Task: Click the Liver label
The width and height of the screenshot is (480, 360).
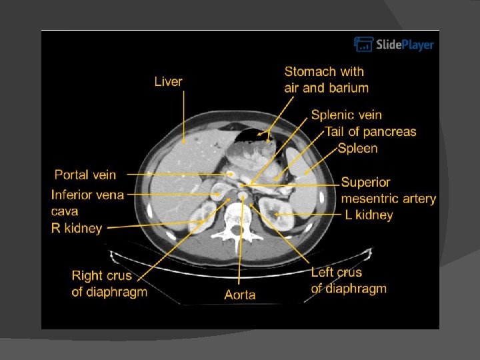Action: (x=168, y=81)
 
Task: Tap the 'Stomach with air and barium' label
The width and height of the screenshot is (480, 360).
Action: (x=326, y=79)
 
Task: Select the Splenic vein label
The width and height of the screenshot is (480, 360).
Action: (x=347, y=115)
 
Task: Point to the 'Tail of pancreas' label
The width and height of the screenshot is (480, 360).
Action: (x=371, y=131)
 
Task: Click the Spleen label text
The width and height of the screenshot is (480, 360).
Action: (x=357, y=148)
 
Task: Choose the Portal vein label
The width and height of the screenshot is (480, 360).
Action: (x=85, y=175)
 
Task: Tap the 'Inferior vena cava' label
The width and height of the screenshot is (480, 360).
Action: (x=87, y=203)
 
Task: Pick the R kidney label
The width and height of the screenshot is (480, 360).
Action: (x=77, y=228)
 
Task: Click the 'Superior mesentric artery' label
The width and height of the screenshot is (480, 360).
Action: (x=389, y=190)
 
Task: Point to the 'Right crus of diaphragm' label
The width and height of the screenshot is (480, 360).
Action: (x=109, y=283)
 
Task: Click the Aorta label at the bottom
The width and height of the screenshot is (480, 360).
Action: (x=240, y=294)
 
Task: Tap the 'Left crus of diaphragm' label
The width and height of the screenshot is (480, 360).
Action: (x=349, y=280)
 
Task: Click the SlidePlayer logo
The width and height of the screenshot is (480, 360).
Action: (x=393, y=45)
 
